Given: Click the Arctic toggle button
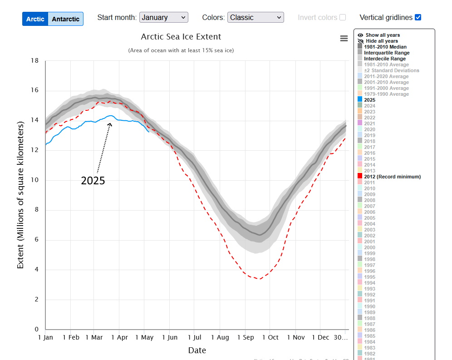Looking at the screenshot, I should [35, 19].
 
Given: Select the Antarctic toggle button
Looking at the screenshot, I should [65, 19].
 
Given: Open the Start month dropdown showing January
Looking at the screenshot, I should [163, 17].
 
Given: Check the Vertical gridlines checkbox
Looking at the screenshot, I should [418, 17].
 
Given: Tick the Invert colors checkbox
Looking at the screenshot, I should [343, 17].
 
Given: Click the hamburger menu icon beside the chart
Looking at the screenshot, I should [344, 39].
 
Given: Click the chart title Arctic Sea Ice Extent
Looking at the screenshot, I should [181, 37].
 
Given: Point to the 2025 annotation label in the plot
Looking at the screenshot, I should [93, 181].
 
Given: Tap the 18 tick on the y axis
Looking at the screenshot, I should [35, 61].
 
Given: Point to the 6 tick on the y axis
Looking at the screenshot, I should [37, 240].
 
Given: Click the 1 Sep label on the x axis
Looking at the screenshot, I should [245, 337].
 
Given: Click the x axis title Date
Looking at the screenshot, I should [197, 350].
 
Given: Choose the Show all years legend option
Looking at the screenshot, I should [382, 35].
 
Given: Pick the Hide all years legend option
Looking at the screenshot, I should [381, 41].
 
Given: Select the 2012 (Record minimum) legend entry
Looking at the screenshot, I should [392, 177].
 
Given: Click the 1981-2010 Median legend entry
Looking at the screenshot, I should [385, 47].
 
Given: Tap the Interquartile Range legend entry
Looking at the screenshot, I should [385, 53].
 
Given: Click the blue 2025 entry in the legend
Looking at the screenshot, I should [369, 100].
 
